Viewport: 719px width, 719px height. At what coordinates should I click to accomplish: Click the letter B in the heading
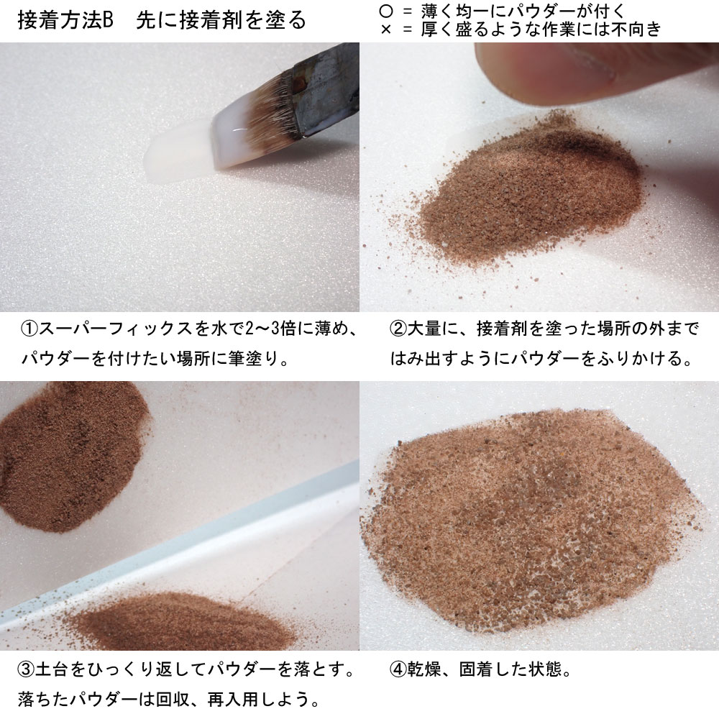pyautogui.click(x=107, y=21)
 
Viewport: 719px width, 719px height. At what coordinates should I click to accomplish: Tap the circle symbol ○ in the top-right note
pyautogui.click(x=386, y=11)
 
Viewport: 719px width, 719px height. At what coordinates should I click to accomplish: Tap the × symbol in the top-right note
pyautogui.click(x=386, y=29)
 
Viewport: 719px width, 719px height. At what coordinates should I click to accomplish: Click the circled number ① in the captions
pyautogui.click(x=29, y=329)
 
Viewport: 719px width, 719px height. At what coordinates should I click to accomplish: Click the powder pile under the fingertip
pyautogui.click(x=532, y=188)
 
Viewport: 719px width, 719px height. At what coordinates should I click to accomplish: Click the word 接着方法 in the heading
pyautogui.click(x=60, y=21)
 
